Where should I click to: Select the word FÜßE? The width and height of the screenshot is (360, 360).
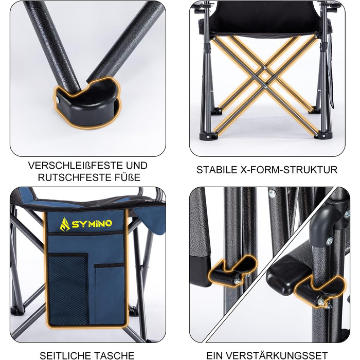[129, 177]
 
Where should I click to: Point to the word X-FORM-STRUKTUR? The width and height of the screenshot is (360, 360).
[289, 170]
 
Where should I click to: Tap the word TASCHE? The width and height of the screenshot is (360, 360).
[114, 355]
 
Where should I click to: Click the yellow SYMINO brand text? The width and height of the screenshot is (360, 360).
[92, 223]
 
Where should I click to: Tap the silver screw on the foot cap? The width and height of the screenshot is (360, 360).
[57, 99]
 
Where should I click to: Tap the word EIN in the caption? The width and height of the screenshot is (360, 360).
[215, 355]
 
